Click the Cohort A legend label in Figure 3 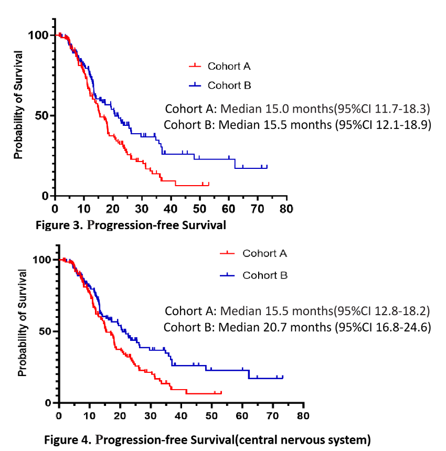(229, 66)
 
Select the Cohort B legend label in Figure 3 (229, 85)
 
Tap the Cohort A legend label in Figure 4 (264, 253)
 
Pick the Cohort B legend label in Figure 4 (264, 275)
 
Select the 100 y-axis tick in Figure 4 (44, 260)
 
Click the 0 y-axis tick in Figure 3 (45, 196)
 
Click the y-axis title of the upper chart (19, 105)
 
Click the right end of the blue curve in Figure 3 (267, 167)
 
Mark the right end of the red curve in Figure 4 (221, 392)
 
